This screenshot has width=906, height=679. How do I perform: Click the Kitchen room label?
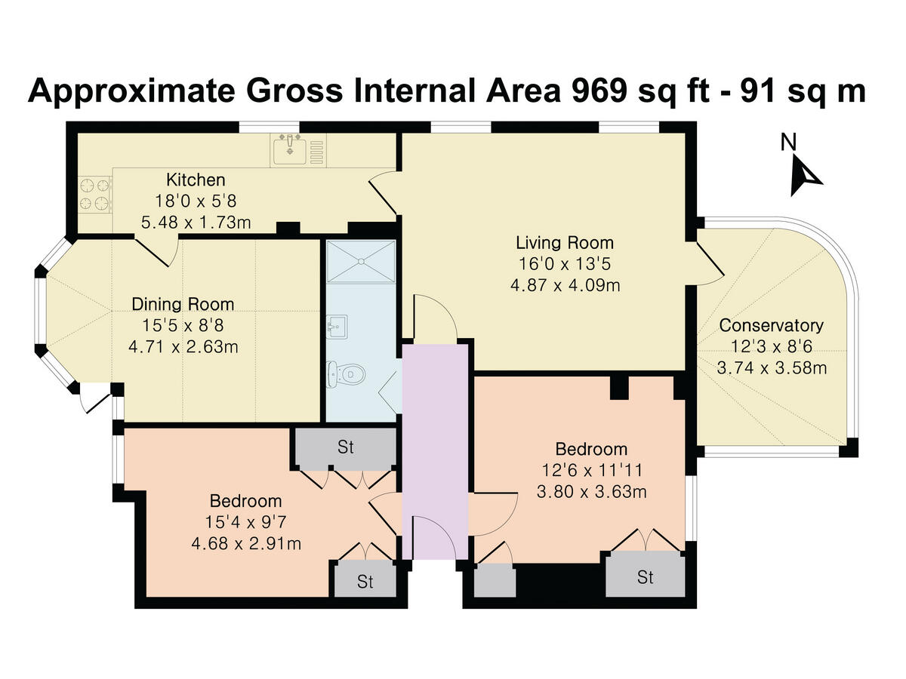tap(196, 180)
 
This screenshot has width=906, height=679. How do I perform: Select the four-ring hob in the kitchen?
tap(95, 195)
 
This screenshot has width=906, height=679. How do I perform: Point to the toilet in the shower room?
tap(347, 374)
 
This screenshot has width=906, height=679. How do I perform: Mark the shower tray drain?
tap(361, 261)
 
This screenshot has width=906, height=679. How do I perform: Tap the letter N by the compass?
tap(788, 143)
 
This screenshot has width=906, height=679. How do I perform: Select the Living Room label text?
tap(565, 242)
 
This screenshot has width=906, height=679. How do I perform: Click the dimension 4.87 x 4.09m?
tap(565, 285)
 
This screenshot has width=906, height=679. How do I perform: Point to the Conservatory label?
tap(771, 325)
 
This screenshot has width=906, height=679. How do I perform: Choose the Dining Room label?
tap(183, 304)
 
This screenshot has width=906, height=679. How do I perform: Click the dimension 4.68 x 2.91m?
tap(246, 543)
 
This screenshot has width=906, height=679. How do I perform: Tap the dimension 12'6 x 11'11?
tap(592, 470)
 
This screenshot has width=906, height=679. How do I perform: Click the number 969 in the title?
tap(599, 91)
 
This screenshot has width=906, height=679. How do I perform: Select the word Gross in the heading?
tap(294, 91)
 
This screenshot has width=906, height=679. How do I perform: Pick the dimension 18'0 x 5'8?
tap(196, 201)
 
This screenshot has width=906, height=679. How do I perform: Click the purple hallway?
tap(435, 451)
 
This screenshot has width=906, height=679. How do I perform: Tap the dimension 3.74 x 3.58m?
tap(772, 367)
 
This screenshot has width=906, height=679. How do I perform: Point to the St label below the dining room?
tap(346, 447)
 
